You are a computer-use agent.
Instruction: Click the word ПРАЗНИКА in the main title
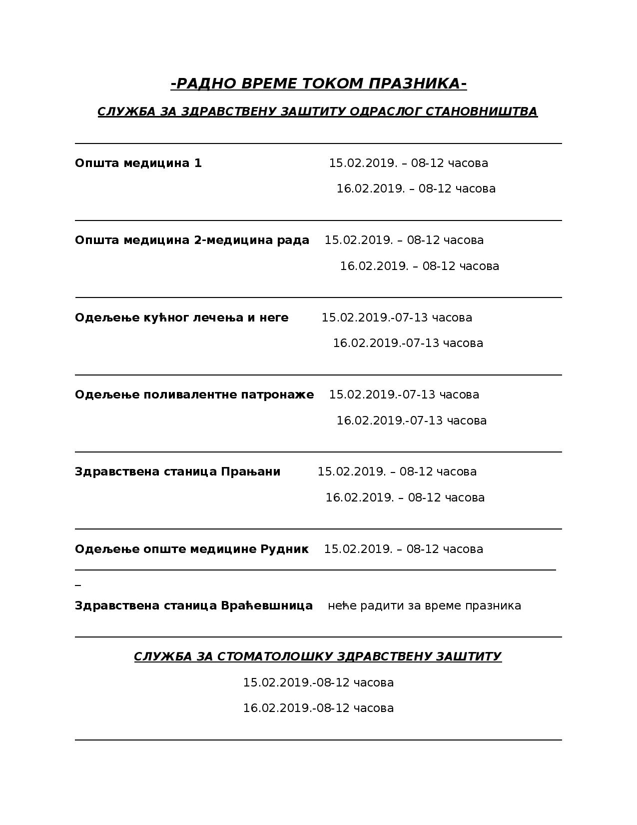click(x=417, y=83)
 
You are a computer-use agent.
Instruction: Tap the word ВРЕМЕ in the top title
click(x=265, y=83)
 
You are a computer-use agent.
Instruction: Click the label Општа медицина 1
click(x=138, y=163)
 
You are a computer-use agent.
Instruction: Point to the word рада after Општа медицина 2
click(x=293, y=240)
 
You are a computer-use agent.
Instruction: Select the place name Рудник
click(x=284, y=549)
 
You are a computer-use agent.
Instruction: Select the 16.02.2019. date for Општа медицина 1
click(x=370, y=188)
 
